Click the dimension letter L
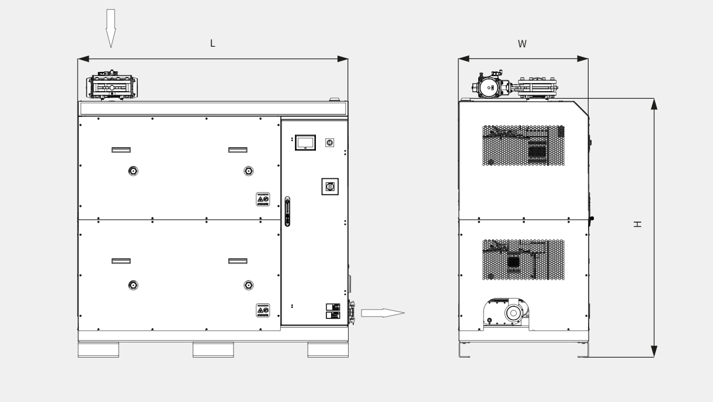(213, 43)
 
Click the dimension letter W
(522, 44)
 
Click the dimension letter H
(637, 224)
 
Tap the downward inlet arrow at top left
(111, 29)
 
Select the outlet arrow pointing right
(382, 313)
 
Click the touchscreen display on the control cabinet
(305, 143)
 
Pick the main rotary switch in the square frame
(330, 186)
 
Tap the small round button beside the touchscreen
(330, 143)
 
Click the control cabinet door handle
(287, 212)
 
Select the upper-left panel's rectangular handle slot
(121, 150)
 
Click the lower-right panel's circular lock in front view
(249, 285)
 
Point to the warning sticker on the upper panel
(263, 199)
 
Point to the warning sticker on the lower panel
(263, 310)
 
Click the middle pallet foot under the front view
(213, 350)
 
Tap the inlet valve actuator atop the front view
(112, 85)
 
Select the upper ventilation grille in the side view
(523, 145)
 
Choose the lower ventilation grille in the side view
(523, 259)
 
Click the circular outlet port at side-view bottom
(513, 313)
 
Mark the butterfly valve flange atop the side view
(538, 88)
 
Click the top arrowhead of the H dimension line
(654, 104)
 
